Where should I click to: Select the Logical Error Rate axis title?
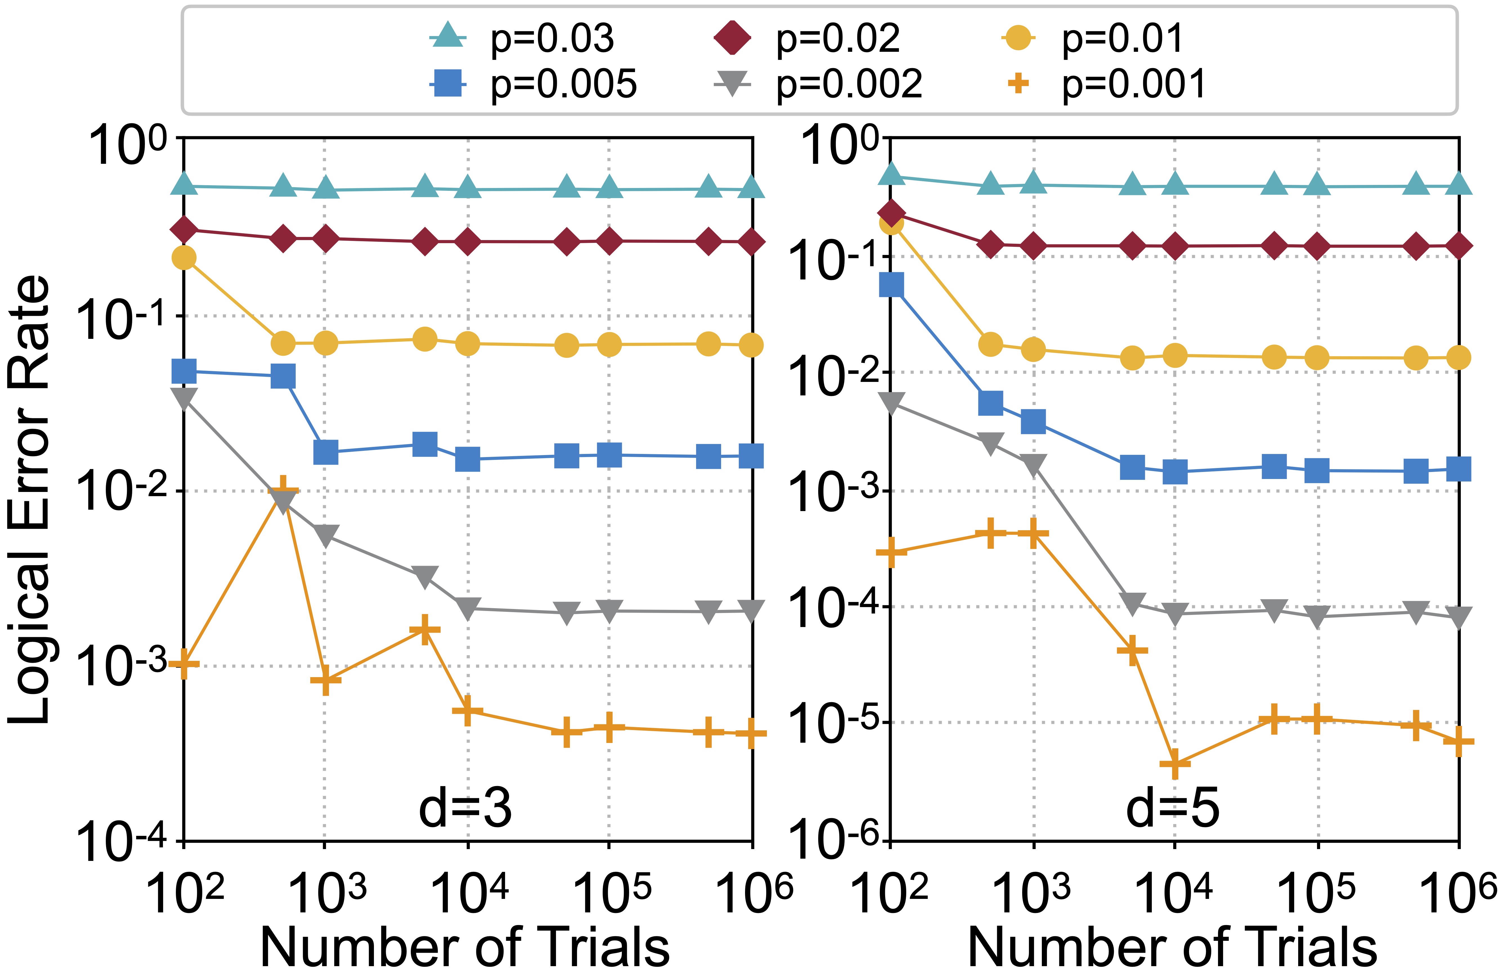28,499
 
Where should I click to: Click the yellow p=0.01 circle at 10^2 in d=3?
184,258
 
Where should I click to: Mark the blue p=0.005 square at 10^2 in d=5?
891,285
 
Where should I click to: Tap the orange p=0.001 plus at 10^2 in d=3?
184,663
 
